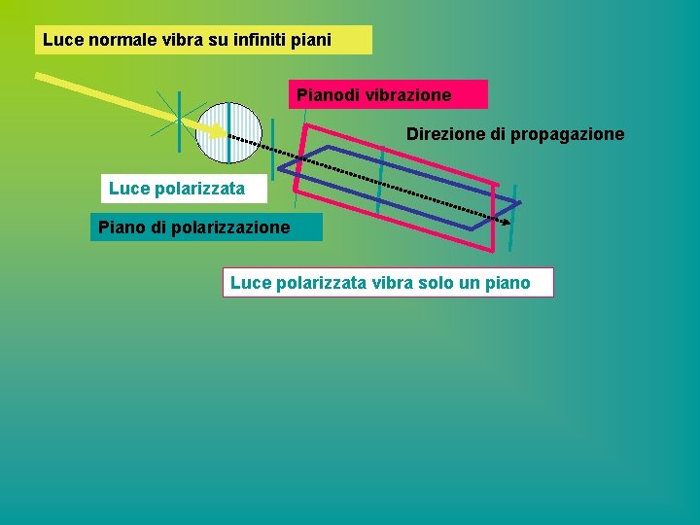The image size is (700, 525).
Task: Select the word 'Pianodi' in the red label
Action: (326, 95)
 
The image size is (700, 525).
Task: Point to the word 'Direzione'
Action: (443, 134)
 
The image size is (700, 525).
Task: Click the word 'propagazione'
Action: (570, 135)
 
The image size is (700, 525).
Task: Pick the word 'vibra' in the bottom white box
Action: (388, 283)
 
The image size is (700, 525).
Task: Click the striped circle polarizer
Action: (229, 133)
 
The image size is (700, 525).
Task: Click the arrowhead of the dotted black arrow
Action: (507, 222)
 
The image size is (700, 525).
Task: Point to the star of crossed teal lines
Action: (181, 120)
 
